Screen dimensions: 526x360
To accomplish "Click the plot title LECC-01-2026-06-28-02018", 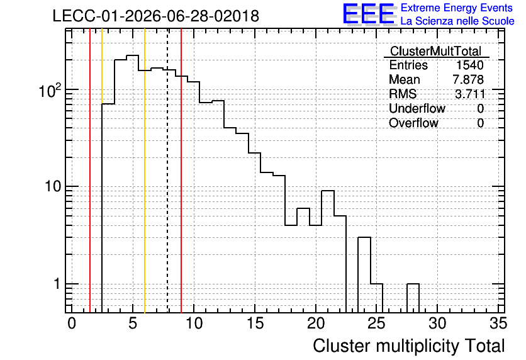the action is tap(156, 16).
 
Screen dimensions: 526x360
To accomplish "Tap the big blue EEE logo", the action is tap(369, 14).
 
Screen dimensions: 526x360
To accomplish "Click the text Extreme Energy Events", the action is tap(457, 8).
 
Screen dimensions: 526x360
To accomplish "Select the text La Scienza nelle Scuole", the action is tap(457, 21).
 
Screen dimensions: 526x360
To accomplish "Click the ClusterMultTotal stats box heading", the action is tap(436, 52).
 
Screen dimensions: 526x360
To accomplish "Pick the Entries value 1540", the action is tap(469, 65).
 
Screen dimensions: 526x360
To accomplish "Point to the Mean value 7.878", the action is tap(468, 79).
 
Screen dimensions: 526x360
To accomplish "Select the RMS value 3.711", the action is tap(469, 94).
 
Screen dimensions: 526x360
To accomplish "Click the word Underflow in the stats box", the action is tap(417, 108).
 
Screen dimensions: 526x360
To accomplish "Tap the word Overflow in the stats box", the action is tap(413, 123).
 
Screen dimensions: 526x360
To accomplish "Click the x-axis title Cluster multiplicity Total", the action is tap(409, 346).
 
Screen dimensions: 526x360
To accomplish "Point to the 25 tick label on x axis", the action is tap(376, 323).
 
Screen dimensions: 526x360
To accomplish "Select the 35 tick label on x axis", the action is tap(498, 323).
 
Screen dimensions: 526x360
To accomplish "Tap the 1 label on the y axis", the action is tap(57, 284).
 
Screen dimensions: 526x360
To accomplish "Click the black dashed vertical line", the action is tap(167, 171).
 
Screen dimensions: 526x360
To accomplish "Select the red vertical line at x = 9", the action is tap(181, 171).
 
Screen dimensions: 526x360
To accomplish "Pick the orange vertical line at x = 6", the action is tap(145, 171).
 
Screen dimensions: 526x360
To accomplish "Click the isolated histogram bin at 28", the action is tap(413, 298).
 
